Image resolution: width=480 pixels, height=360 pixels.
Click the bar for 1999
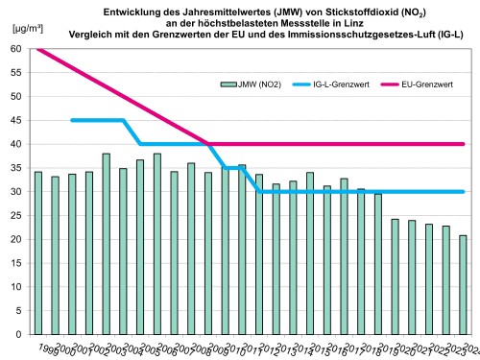pyautogui.click(x=37, y=253)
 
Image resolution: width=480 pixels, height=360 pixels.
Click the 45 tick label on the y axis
pyautogui.click(x=17, y=120)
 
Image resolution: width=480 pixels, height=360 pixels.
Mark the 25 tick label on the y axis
pyautogui.click(x=17, y=216)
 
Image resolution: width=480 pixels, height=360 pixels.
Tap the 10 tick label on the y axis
pyautogui.click(x=17, y=287)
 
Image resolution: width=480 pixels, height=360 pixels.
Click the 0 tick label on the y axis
pyautogui.click(x=20, y=335)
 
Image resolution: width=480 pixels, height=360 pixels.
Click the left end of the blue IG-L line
pyautogui.click(x=72, y=120)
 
